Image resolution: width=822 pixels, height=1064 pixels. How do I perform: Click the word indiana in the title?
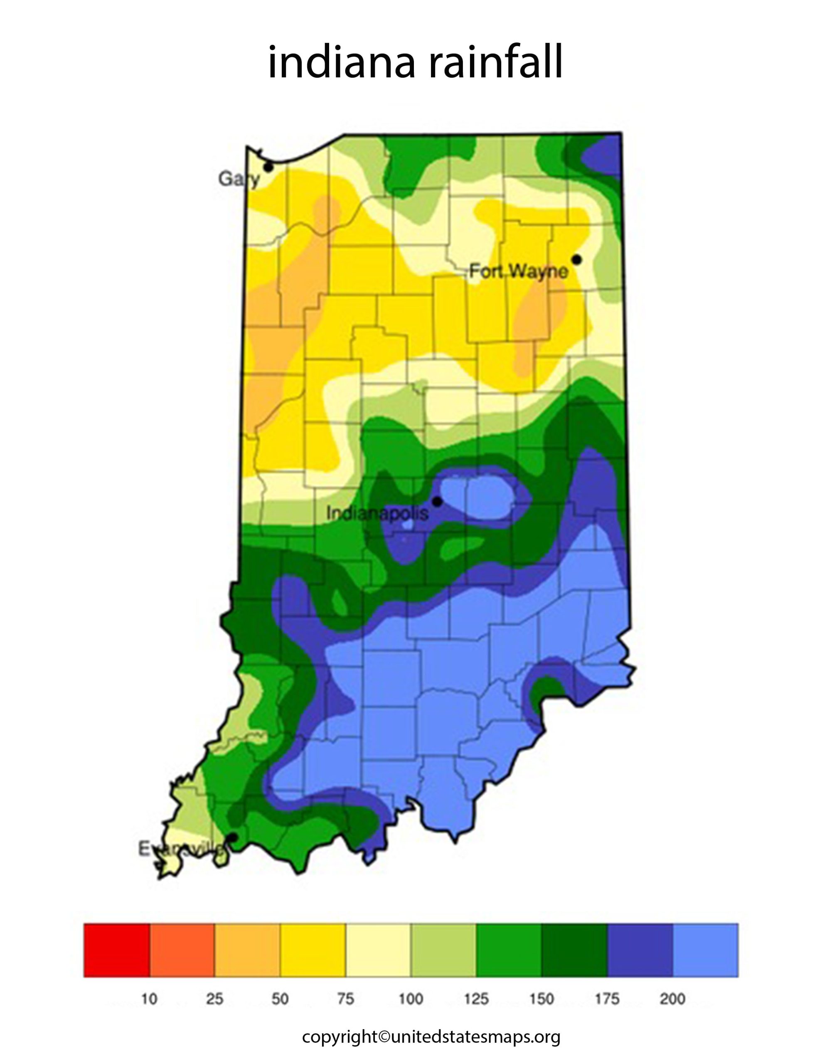tap(341, 62)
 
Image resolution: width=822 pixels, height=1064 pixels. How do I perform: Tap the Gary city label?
tap(238, 179)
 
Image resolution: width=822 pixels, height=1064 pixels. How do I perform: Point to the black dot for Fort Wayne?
tap(577, 259)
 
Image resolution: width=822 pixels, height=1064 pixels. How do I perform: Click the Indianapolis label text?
tap(377, 512)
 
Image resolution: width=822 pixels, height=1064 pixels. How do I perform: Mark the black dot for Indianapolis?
tap(437, 501)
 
